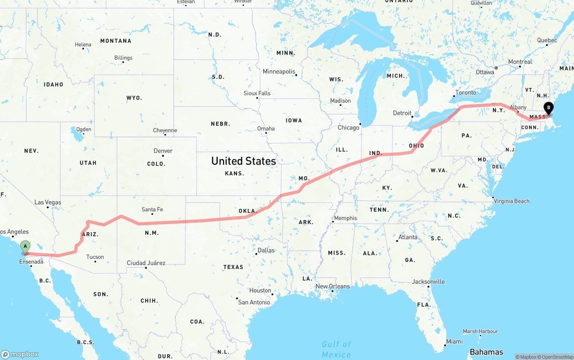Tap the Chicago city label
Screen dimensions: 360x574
[x=348, y=128]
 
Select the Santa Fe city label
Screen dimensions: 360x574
[x=152, y=209]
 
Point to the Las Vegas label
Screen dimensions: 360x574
[x=48, y=203]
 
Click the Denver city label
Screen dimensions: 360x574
[x=163, y=151]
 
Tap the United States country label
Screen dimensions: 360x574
[x=244, y=161]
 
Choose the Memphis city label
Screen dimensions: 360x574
[x=345, y=218]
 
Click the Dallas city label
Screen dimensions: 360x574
[x=266, y=250]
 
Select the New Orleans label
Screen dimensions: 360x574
[x=332, y=286]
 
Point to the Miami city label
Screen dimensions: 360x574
[x=454, y=342]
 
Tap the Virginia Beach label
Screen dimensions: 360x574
[x=512, y=201]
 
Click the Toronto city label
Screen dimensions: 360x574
[x=465, y=93]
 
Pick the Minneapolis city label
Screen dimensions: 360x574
[x=279, y=72]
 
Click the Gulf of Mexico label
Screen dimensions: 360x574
[x=336, y=349]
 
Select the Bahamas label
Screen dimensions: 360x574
[x=486, y=352]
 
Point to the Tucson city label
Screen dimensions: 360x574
[x=95, y=257]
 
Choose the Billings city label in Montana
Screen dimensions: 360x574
[x=123, y=58]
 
